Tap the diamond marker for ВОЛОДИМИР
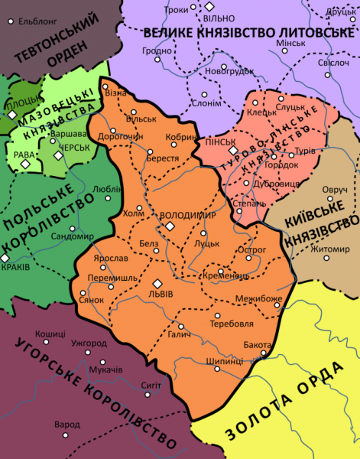[x=170, y=227]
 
